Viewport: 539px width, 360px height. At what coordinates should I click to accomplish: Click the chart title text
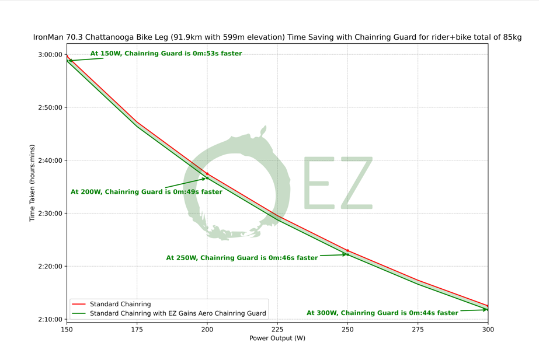point(277,37)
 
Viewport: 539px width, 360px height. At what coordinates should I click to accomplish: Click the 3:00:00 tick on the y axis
point(50,54)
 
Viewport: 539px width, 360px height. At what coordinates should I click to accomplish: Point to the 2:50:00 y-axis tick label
point(50,107)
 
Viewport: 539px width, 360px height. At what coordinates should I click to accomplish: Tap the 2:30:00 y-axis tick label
point(50,214)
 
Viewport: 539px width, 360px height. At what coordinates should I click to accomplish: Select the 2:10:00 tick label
point(50,319)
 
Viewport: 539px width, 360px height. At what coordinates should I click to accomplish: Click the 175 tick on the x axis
point(137,330)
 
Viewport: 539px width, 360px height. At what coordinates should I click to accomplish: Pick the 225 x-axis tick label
point(277,330)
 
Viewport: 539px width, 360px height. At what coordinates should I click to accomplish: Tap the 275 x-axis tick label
point(418,330)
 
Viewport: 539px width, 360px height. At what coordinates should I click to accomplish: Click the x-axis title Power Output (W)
point(277,338)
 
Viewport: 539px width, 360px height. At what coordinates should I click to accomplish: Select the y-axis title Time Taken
point(33,183)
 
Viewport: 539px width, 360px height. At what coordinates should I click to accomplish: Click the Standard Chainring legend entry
point(120,304)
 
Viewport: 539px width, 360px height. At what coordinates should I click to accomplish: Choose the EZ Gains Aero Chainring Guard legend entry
point(178,313)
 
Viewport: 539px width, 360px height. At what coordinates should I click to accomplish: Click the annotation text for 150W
point(166,54)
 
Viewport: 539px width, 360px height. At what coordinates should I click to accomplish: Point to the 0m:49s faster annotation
point(147,192)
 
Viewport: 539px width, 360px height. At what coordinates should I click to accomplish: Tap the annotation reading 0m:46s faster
point(242,258)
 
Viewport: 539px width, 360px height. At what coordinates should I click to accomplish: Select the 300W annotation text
point(382,313)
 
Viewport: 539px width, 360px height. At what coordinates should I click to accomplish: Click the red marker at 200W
point(207,174)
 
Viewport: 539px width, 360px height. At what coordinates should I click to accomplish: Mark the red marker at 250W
point(347,251)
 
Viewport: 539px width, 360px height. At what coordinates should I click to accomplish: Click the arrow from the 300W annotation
point(473,311)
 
